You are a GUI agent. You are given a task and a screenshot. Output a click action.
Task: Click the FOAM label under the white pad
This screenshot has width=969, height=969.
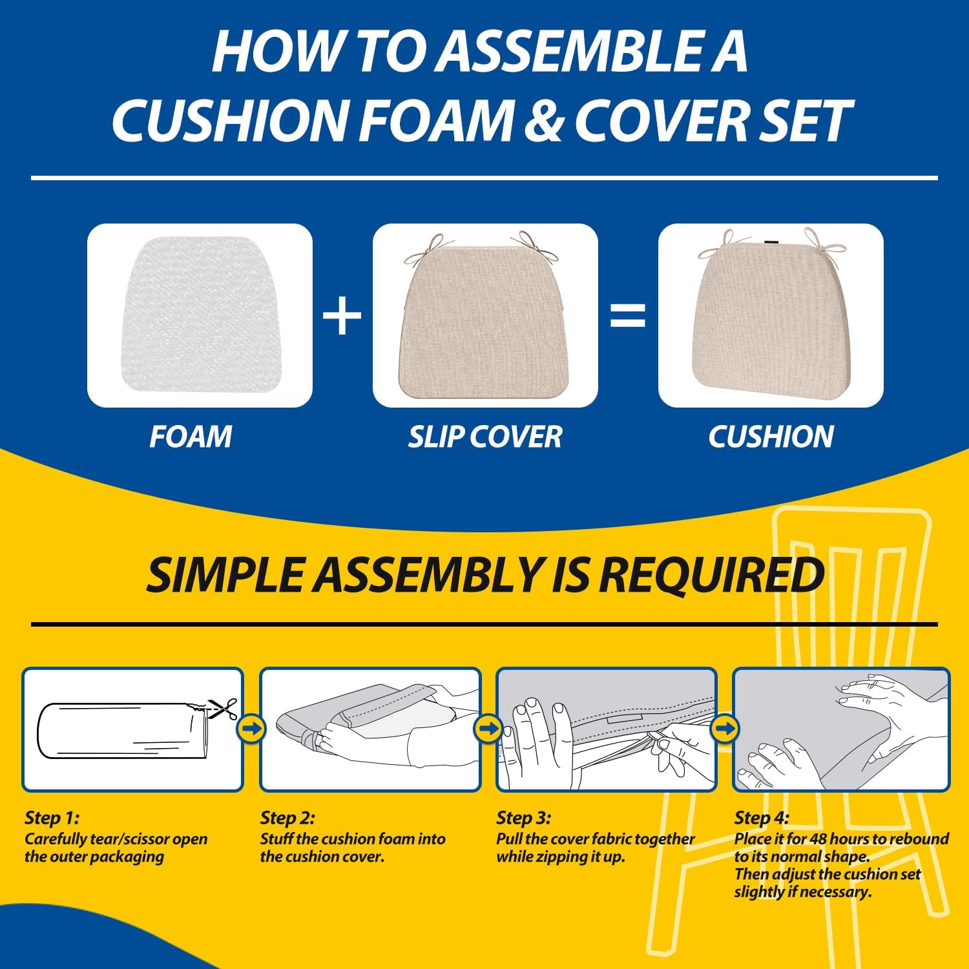tap(191, 437)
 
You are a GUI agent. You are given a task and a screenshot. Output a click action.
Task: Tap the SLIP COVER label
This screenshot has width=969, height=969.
tap(484, 437)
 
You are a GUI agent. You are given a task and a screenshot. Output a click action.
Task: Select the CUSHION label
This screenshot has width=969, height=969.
tap(771, 437)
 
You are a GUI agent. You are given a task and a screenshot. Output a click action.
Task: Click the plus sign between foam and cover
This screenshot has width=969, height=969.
tap(342, 317)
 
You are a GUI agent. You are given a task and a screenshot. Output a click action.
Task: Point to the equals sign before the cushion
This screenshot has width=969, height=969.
tap(628, 317)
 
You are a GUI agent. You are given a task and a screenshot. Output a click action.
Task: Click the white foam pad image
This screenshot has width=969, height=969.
tap(199, 315)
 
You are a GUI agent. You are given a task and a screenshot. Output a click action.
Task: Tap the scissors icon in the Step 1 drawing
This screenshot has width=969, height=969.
tap(224, 709)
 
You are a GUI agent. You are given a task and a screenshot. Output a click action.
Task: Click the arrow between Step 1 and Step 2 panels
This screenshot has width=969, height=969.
tap(251, 729)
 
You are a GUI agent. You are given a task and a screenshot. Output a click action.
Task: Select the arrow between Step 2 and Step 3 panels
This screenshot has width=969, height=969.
tap(488, 729)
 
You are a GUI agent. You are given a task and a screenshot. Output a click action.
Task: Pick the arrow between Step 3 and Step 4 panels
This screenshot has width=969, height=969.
tap(724, 729)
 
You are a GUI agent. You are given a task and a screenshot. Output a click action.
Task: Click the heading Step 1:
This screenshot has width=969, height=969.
tap(52, 818)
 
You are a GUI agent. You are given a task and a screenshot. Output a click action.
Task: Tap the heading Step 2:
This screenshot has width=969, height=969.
tap(287, 818)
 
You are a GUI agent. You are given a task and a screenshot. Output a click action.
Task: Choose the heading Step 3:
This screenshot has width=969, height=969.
tap(523, 818)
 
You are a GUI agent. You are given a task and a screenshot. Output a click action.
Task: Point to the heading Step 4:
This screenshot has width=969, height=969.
tap(761, 818)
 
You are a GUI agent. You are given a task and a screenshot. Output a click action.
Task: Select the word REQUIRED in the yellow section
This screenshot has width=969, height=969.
tap(711, 575)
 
